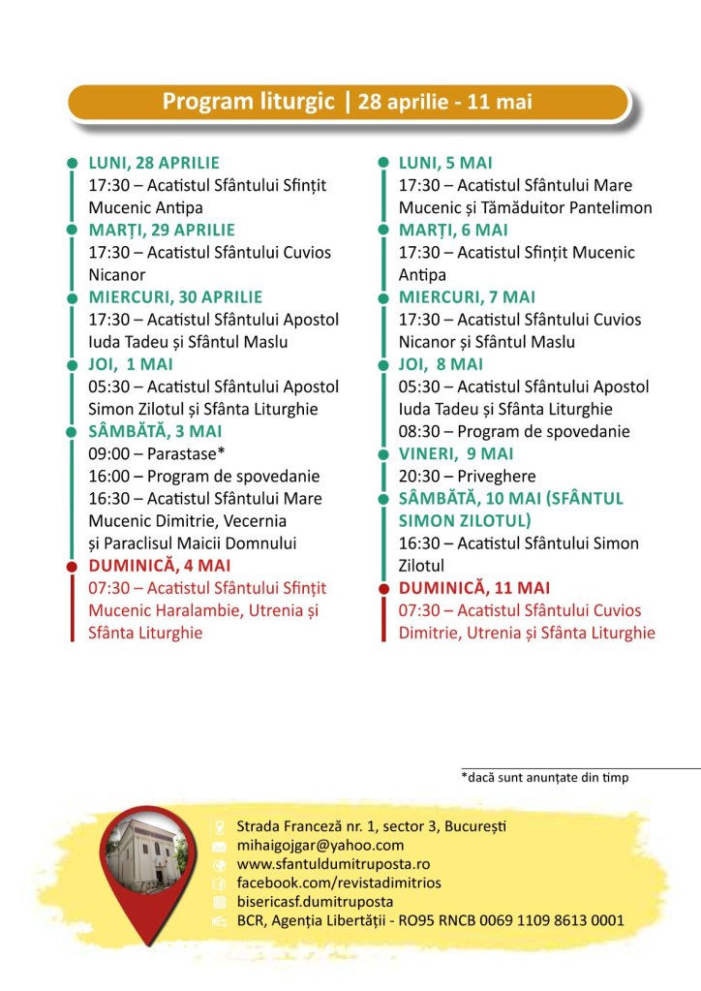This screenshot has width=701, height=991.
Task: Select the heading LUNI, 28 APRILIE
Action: coord(154,163)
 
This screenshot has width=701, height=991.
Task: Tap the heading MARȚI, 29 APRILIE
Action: coord(162,230)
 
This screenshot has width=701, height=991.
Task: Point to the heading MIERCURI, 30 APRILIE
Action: coord(175,296)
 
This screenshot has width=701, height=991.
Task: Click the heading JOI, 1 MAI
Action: coord(131,364)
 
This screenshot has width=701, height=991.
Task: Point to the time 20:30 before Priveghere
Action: coord(418,476)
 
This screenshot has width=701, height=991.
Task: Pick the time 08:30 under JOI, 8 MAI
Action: coord(418,431)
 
